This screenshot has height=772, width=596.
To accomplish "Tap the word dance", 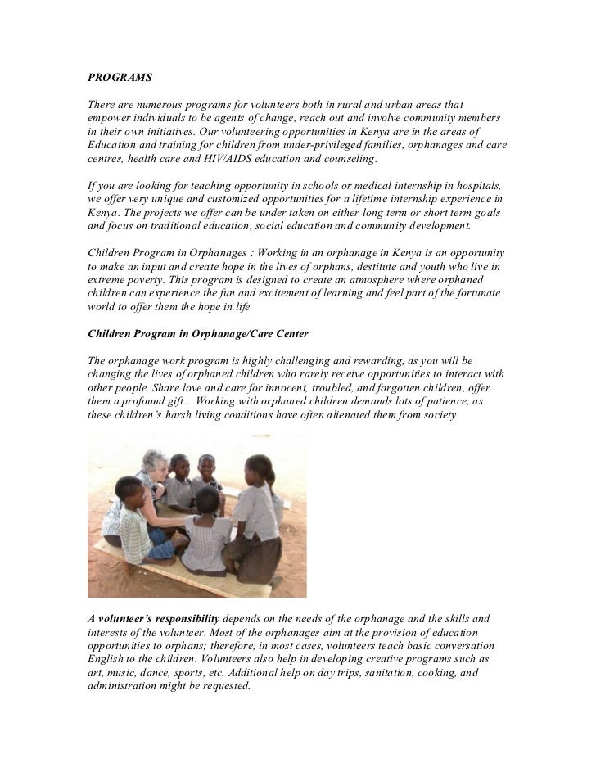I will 167,672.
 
